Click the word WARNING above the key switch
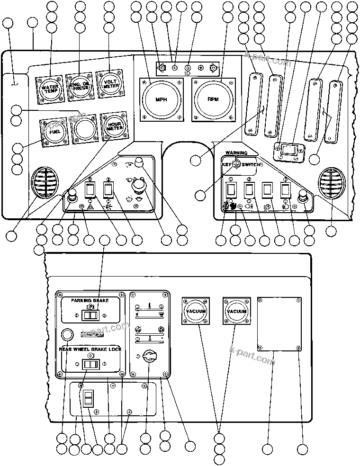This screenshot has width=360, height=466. [x=236, y=153]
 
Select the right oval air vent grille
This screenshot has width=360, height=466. [x=331, y=182]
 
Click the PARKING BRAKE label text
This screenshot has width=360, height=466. [x=90, y=301]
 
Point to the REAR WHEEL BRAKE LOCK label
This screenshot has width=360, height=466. [x=90, y=349]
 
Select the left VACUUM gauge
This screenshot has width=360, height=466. [x=196, y=311]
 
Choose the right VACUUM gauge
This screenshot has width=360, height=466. [x=236, y=311]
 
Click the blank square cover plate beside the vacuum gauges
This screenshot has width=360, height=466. [x=279, y=324]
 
